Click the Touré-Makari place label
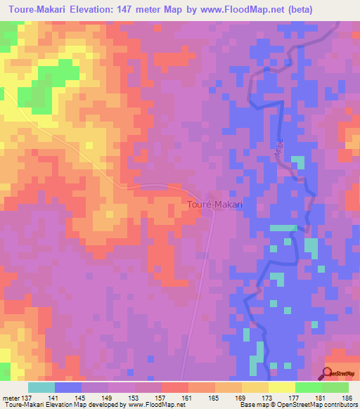(x=214, y=204)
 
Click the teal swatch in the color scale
(x=41, y=387)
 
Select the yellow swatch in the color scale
(x=281, y=387)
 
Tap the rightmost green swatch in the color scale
(x=335, y=387)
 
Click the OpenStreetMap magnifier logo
(x=328, y=373)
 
